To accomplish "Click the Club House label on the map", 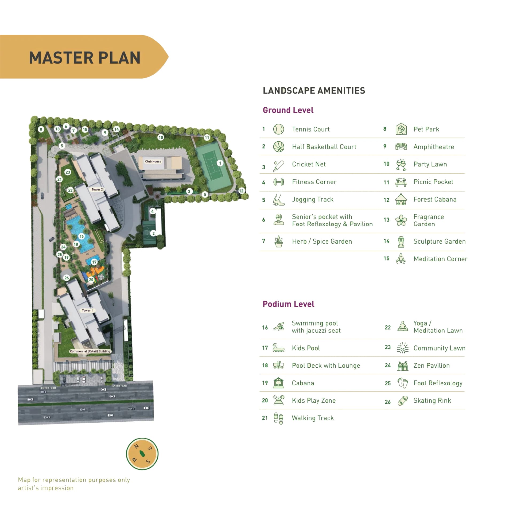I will click(x=153, y=161).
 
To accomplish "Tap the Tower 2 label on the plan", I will click(x=97, y=189).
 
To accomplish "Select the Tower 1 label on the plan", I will click(x=87, y=310).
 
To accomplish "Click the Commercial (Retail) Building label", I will click(x=90, y=351).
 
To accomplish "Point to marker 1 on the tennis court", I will click(x=220, y=163).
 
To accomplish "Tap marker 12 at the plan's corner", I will click(x=241, y=191).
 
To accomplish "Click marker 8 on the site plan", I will click(x=41, y=129).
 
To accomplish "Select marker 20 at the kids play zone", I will click(x=91, y=280).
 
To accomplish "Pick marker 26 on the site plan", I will click(x=67, y=278).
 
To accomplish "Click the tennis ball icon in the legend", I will click(x=278, y=129).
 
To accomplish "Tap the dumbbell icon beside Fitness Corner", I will click(x=278, y=182).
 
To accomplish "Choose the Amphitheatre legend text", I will click(x=434, y=147).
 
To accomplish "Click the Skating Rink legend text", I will click(x=432, y=401).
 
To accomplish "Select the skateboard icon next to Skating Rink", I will click(x=403, y=401).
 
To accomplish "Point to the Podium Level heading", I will click(x=288, y=304).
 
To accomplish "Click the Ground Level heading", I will click(x=288, y=110).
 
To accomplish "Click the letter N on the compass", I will click(x=136, y=446).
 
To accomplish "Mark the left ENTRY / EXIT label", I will click(x=48, y=388).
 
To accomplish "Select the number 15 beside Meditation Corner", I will click(x=386, y=259).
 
